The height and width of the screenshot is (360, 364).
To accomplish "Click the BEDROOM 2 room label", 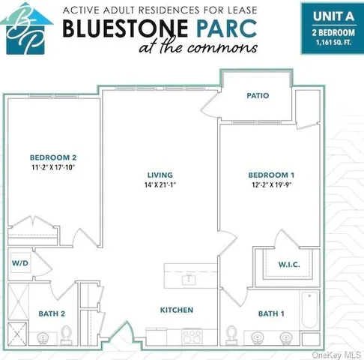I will [x=53, y=157].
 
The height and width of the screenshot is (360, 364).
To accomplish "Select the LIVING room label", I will [x=160, y=174].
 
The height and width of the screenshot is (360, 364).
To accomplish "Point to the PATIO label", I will [x=258, y=96].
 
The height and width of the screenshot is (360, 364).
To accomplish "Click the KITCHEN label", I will [x=177, y=310].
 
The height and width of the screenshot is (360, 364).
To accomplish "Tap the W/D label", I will [x=19, y=263].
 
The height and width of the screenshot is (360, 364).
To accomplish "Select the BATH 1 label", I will [x=271, y=313].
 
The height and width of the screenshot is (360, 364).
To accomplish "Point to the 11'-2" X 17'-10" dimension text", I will [x=53, y=168].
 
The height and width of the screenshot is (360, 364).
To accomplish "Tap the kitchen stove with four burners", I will [x=192, y=337].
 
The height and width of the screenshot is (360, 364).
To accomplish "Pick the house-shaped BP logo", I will [x=26, y=30].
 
